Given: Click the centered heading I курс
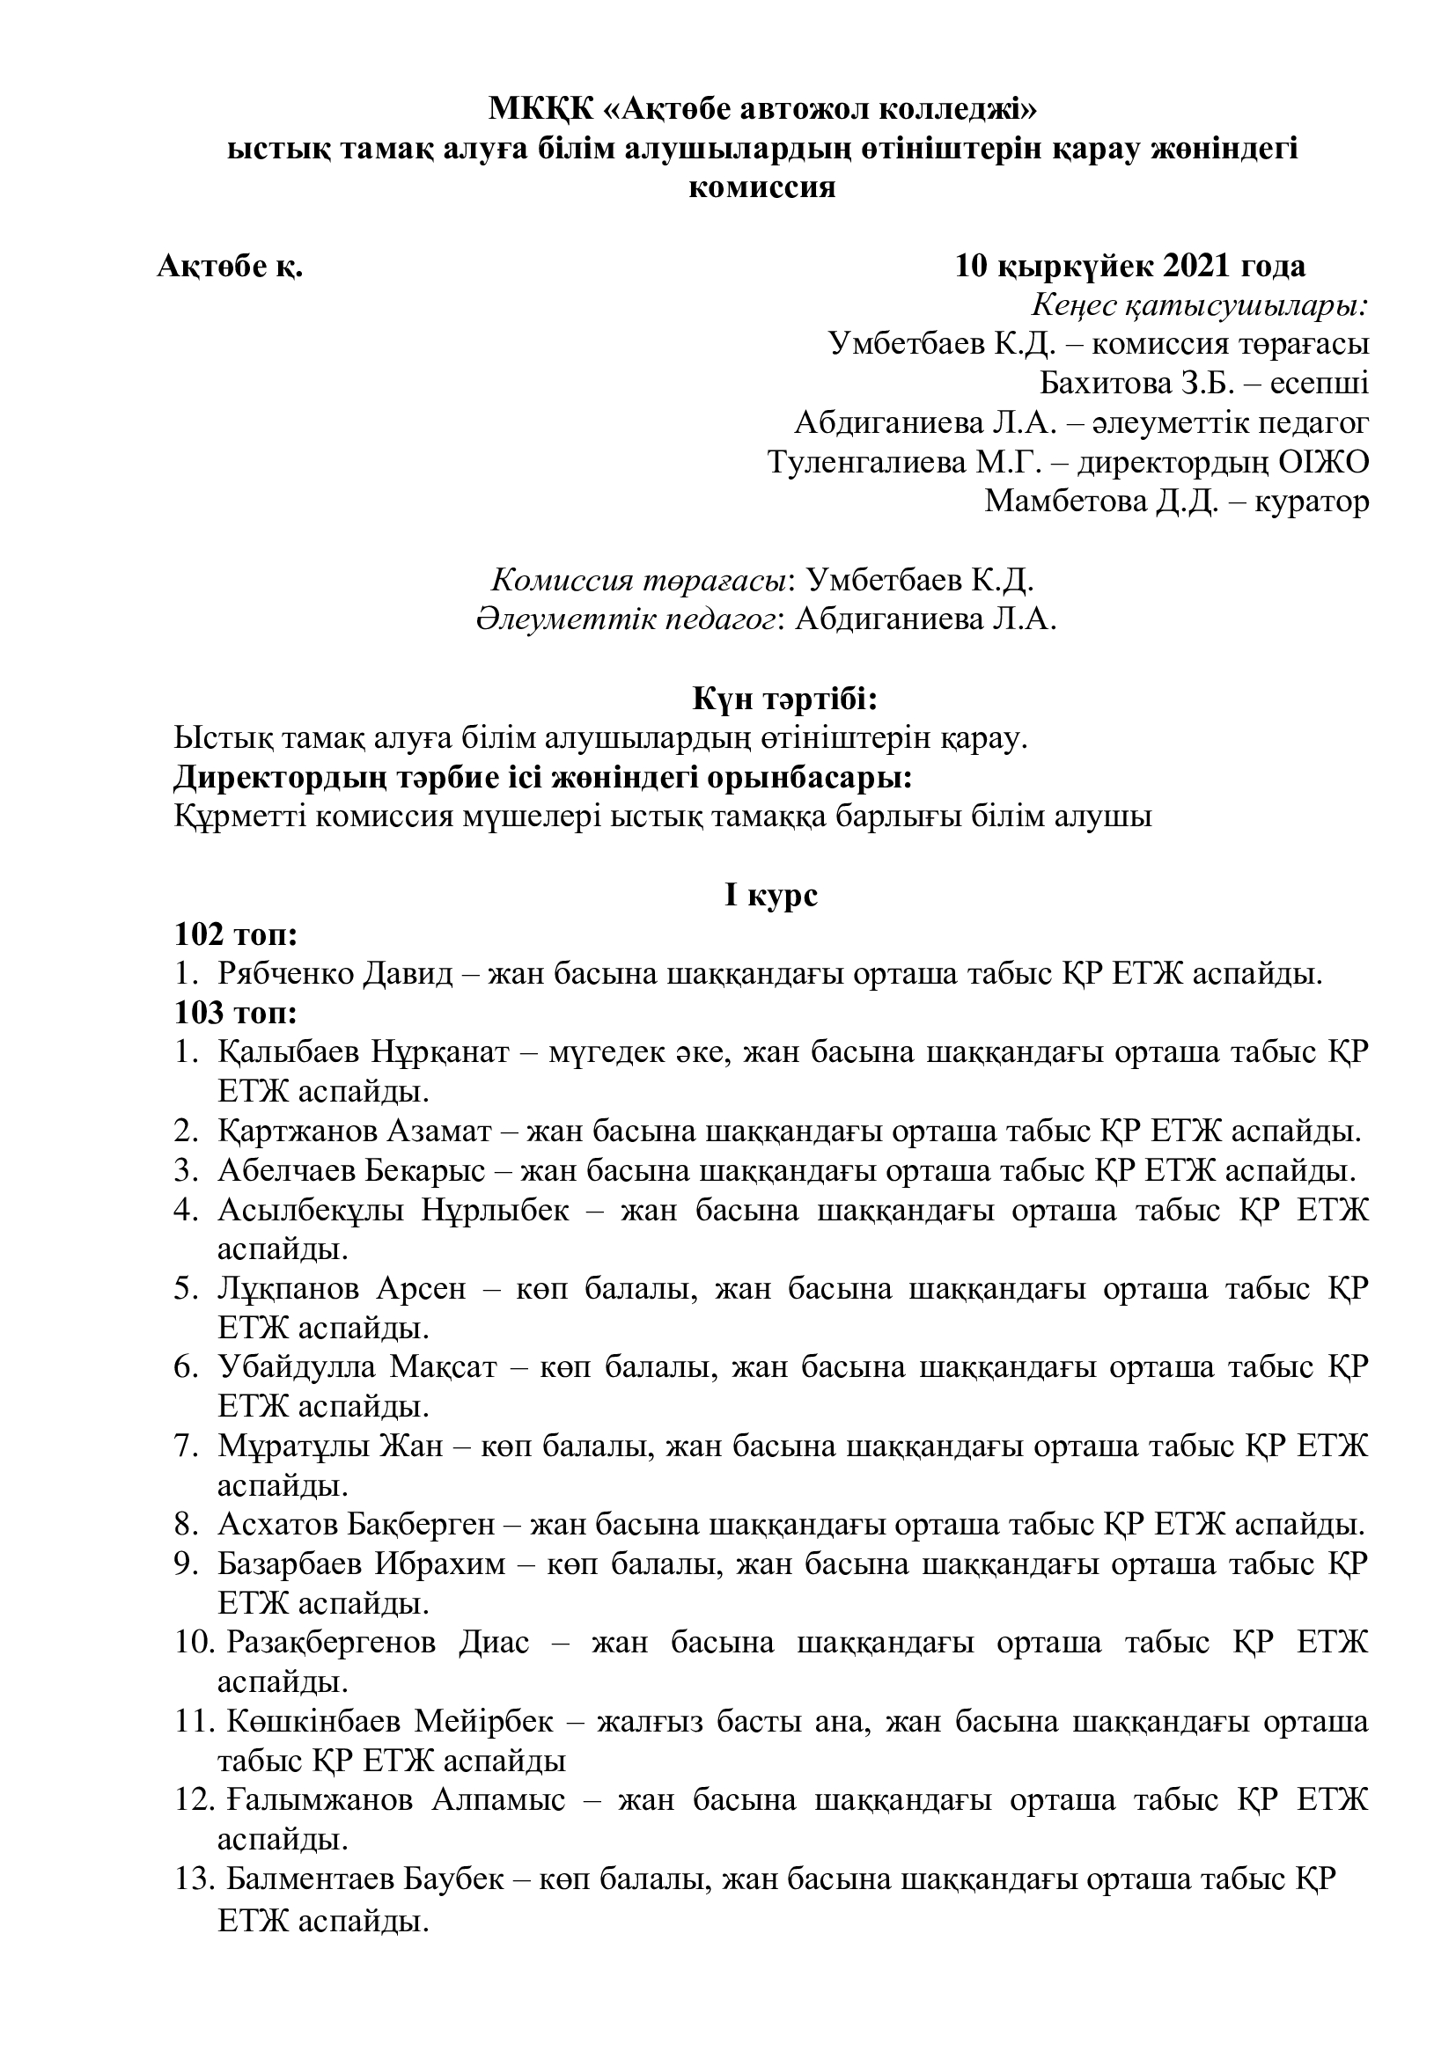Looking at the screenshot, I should coord(771,896).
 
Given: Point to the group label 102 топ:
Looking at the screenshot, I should coord(236,935).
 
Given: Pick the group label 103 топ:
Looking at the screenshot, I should coord(236,1014).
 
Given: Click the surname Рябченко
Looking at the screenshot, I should coord(285,974).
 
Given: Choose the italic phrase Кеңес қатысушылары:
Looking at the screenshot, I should coord(1200,305).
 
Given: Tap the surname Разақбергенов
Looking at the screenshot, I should coord(331,1643).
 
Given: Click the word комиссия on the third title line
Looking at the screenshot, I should coord(761,188).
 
